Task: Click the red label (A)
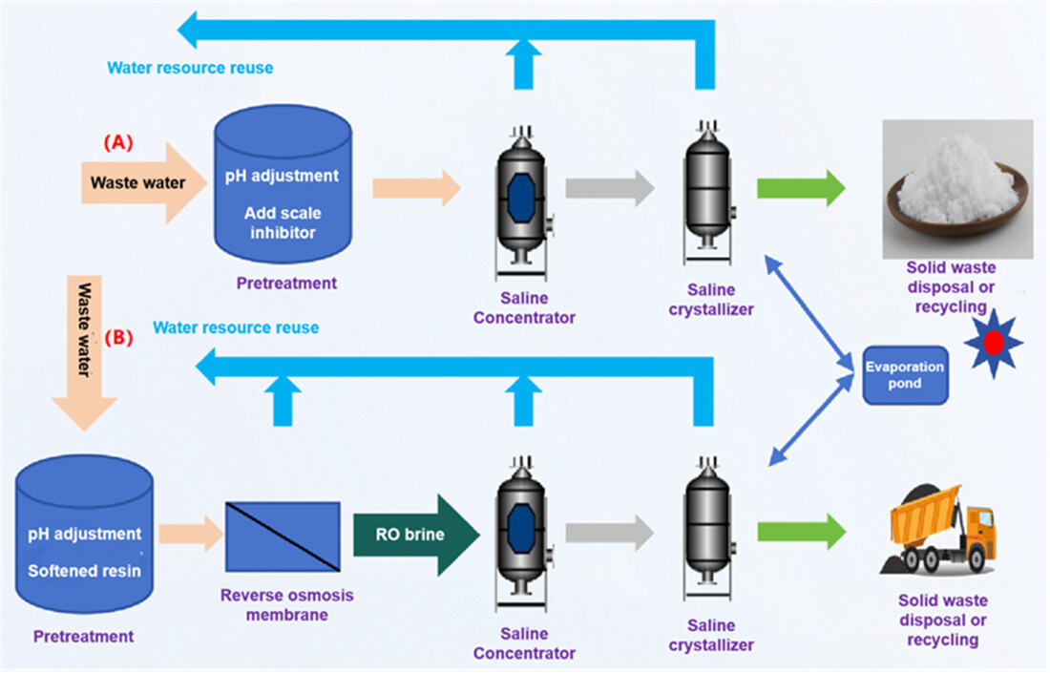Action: pyautogui.click(x=117, y=143)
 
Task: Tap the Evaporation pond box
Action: pyautogui.click(x=905, y=375)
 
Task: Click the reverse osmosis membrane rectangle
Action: pyautogui.click(x=282, y=536)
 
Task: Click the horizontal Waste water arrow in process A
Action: pyautogui.click(x=143, y=181)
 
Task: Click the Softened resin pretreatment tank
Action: pyautogui.click(x=84, y=544)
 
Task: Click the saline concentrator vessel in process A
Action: pyautogui.click(x=520, y=196)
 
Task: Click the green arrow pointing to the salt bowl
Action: pyautogui.click(x=801, y=188)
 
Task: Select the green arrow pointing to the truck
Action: pyautogui.click(x=801, y=532)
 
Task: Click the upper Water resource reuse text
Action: pyautogui.click(x=190, y=68)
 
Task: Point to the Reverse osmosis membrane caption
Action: pyautogui.click(x=273, y=604)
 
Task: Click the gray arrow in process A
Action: pyautogui.click(x=609, y=188)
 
